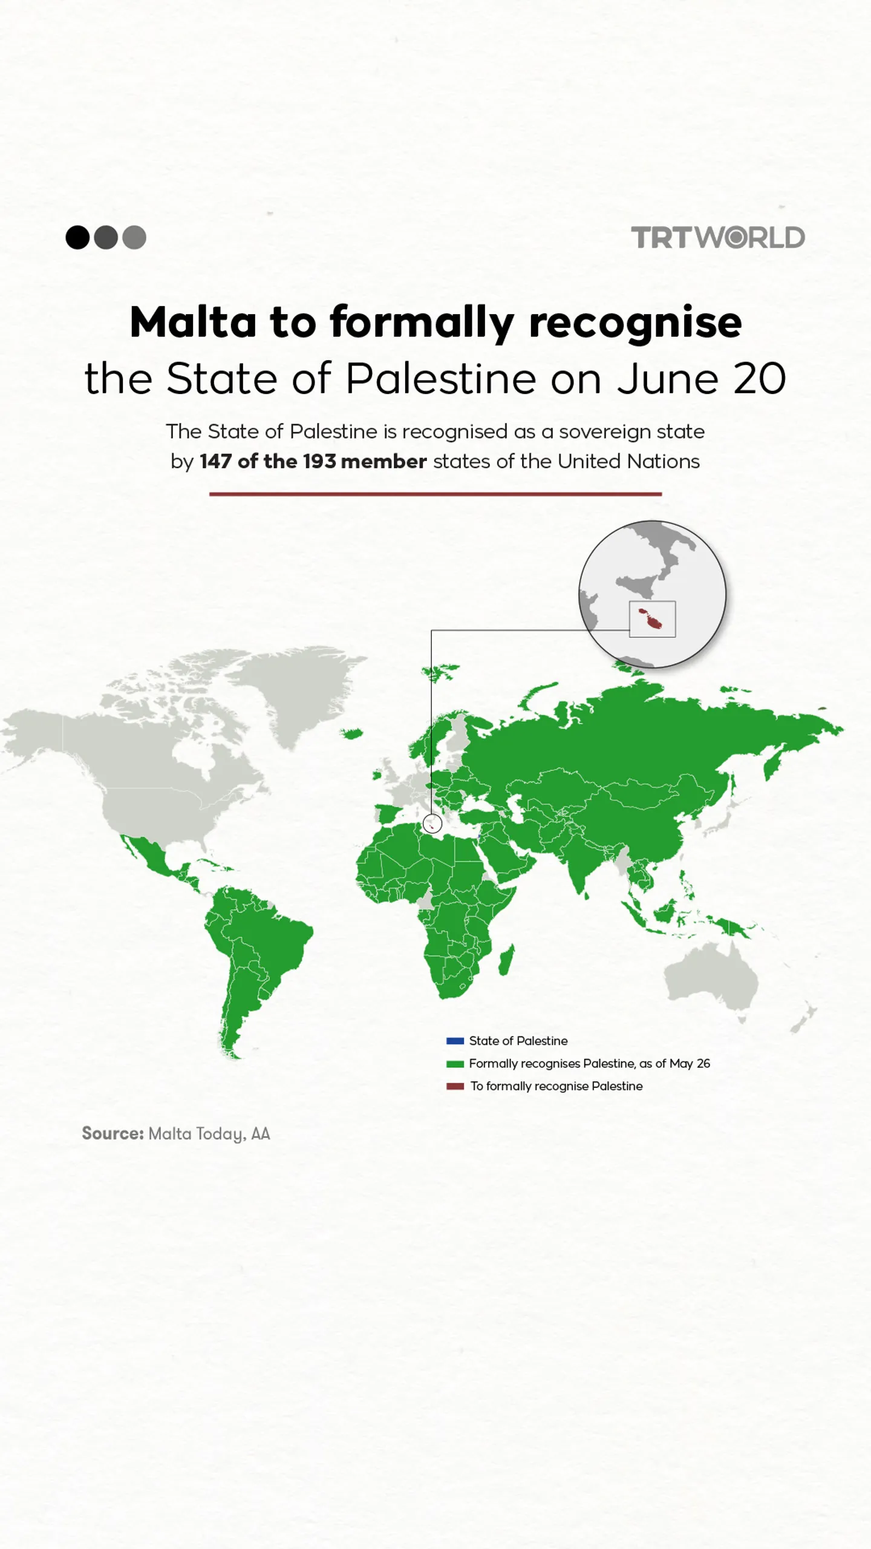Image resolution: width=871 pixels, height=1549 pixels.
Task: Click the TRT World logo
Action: point(718,237)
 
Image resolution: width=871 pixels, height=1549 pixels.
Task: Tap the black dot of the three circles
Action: point(77,237)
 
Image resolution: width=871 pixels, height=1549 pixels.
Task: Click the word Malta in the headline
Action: point(193,322)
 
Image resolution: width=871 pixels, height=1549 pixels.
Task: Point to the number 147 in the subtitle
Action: point(216,462)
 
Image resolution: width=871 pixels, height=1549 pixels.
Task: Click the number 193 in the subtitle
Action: point(319,462)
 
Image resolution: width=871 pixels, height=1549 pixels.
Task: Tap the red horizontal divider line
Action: point(435,494)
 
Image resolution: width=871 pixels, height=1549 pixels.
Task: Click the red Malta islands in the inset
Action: point(651,619)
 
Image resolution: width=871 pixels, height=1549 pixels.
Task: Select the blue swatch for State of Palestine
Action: point(455,1041)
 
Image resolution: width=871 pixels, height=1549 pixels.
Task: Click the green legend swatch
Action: point(455,1064)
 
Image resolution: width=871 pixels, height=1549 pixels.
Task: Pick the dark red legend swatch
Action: point(455,1086)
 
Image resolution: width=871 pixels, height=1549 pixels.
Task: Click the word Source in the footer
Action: point(113,1133)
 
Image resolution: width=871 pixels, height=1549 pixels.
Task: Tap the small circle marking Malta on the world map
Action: point(432,824)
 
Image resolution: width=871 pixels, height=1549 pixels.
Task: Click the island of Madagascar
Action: point(506,960)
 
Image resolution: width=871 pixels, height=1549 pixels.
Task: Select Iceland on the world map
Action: point(352,734)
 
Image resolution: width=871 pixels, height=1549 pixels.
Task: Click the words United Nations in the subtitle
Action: point(628,462)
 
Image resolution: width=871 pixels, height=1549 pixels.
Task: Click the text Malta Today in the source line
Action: point(195,1133)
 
